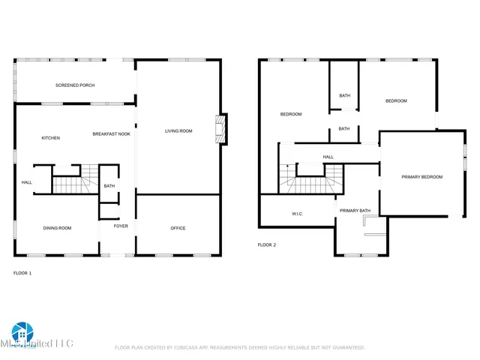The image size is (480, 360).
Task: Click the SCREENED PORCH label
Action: tap(75, 85)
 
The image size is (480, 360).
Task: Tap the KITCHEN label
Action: tap(51, 138)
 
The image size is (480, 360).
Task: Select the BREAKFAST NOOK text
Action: tap(111, 134)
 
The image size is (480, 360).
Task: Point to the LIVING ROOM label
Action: tap(178, 131)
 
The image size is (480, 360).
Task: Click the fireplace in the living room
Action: tap(220, 130)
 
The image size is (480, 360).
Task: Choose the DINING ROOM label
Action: tap(57, 228)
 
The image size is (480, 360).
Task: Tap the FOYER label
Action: tap(121, 226)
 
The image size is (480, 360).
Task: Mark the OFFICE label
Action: tap(178, 228)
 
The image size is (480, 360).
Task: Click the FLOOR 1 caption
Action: tap(22, 273)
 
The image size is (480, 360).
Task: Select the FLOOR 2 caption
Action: tap(267, 245)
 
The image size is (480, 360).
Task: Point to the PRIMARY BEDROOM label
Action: tap(421, 177)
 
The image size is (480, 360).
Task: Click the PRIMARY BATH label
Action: tap(355, 211)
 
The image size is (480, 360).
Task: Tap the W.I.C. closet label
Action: tap(296, 214)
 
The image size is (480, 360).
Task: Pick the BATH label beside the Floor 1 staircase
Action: tap(109, 186)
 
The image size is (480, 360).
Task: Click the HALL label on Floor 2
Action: tap(328, 157)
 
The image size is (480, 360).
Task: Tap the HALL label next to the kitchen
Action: tap(26, 182)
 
